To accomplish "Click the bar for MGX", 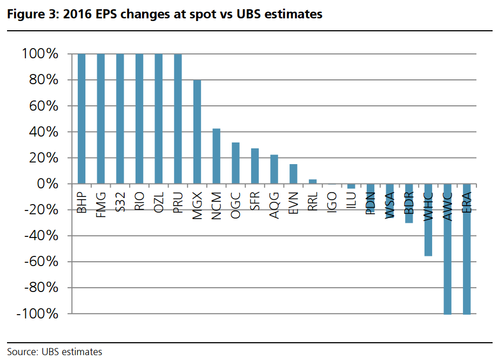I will click(x=197, y=132).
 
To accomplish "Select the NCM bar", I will click(x=217, y=156).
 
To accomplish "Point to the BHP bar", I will click(x=82, y=119).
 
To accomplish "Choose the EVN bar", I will click(x=293, y=174).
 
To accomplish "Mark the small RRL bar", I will click(x=313, y=181).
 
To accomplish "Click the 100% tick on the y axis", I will click(x=40, y=54).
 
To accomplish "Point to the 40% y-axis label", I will click(x=44, y=132).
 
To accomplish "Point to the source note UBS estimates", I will click(x=71, y=352).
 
